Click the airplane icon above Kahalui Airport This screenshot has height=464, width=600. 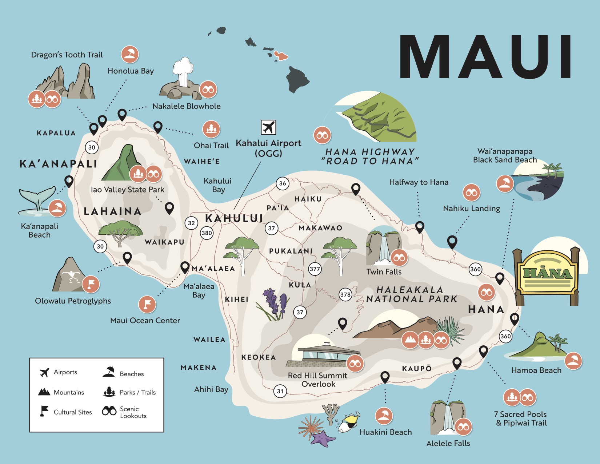pyautogui.click(x=268, y=127)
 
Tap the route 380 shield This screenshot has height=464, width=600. pyautogui.click(x=207, y=233)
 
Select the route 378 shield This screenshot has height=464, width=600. pyautogui.click(x=345, y=294)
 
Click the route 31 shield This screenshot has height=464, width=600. pyautogui.click(x=280, y=391)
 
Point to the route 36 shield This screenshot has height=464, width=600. pyautogui.click(x=283, y=183)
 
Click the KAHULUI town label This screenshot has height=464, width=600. pyautogui.click(x=234, y=218)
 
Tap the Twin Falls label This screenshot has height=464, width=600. pyautogui.click(x=384, y=272)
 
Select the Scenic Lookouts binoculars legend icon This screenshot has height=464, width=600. pyautogui.click(x=109, y=411)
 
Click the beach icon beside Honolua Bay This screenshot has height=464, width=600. pyautogui.click(x=130, y=54)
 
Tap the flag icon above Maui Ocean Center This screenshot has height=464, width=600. pyautogui.click(x=147, y=304)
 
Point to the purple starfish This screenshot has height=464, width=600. pyautogui.click(x=322, y=439)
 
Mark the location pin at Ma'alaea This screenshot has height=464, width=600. pyautogui.click(x=185, y=267)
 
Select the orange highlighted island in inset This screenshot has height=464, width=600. pyautogui.click(x=281, y=56)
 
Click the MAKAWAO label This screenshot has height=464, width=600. pyautogui.click(x=320, y=228)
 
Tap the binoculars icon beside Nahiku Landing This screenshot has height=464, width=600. pyautogui.click(x=471, y=193)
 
